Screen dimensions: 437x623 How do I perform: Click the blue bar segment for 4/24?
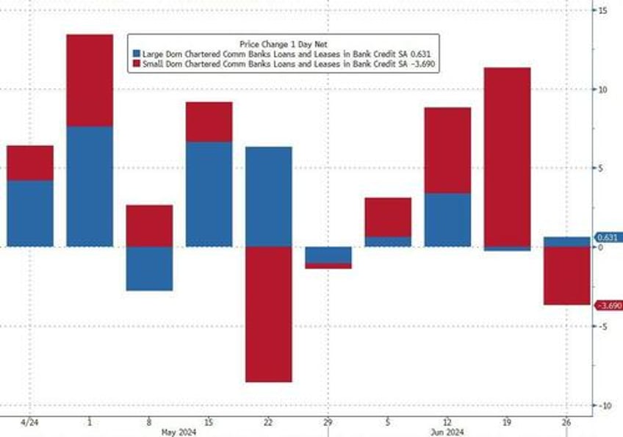(30, 213)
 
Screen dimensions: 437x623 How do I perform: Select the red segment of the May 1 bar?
(90, 81)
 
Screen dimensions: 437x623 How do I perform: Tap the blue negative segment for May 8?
(149, 268)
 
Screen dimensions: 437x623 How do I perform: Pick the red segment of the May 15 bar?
(209, 122)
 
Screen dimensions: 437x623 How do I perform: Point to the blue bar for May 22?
(268, 196)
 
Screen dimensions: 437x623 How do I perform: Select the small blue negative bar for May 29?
(328, 255)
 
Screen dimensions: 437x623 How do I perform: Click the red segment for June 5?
(388, 217)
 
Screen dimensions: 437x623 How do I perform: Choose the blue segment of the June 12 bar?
(447, 220)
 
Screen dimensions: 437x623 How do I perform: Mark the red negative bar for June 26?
(566, 275)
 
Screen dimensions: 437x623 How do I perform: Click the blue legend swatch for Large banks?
(135, 54)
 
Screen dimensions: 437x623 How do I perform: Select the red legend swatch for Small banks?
(135, 64)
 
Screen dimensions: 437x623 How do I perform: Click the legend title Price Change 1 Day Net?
(282, 43)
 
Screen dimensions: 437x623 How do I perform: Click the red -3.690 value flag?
(609, 306)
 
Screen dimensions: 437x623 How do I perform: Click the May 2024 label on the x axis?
(179, 432)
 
